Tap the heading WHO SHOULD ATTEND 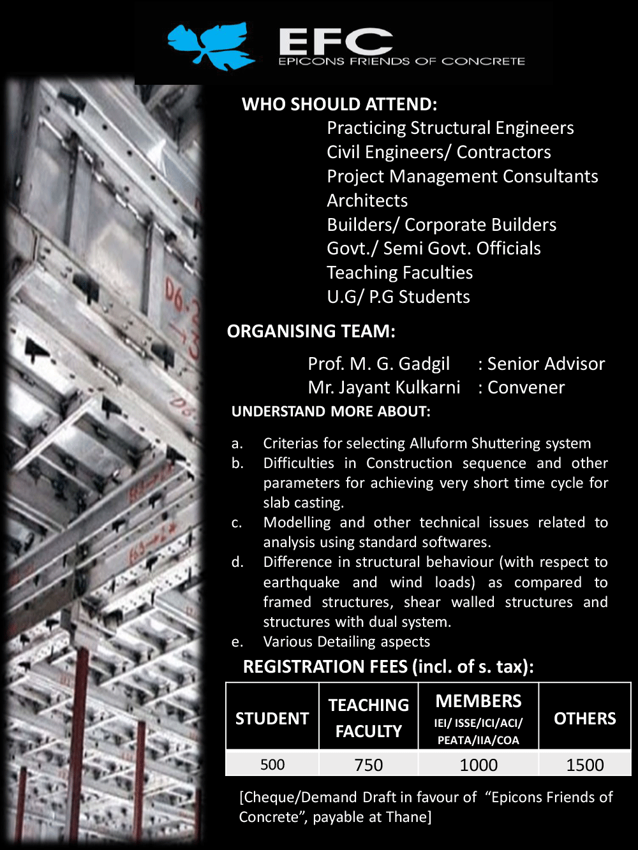coord(339,105)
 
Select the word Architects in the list coord(367,200)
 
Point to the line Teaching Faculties coord(399,273)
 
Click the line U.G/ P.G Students coord(398,297)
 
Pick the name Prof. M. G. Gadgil coord(378,364)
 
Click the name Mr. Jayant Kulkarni coord(383,388)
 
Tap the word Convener coord(526,388)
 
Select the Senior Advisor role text coord(545,364)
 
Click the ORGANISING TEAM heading coord(311,332)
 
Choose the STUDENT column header coord(272,719)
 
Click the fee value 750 coord(369,765)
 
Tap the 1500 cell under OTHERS coord(584,765)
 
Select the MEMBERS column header coord(478,701)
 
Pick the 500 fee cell coord(272,765)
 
